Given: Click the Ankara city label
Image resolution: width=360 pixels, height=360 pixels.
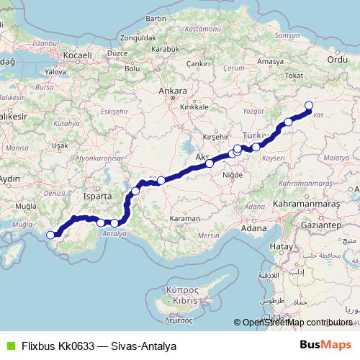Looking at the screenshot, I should (x=174, y=91).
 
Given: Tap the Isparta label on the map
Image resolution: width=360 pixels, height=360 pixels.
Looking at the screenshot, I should (x=99, y=195).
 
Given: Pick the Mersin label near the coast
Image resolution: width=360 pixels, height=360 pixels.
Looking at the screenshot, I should (x=209, y=235).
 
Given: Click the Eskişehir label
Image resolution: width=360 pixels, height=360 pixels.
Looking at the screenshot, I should (x=114, y=112).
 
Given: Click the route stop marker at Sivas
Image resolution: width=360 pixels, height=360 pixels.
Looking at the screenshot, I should (x=309, y=106).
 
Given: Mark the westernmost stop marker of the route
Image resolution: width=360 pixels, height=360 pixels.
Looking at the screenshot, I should (x=50, y=234).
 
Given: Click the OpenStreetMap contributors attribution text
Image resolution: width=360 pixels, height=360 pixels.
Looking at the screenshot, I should (x=297, y=323).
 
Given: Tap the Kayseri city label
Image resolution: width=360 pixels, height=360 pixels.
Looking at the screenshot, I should (x=274, y=156).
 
